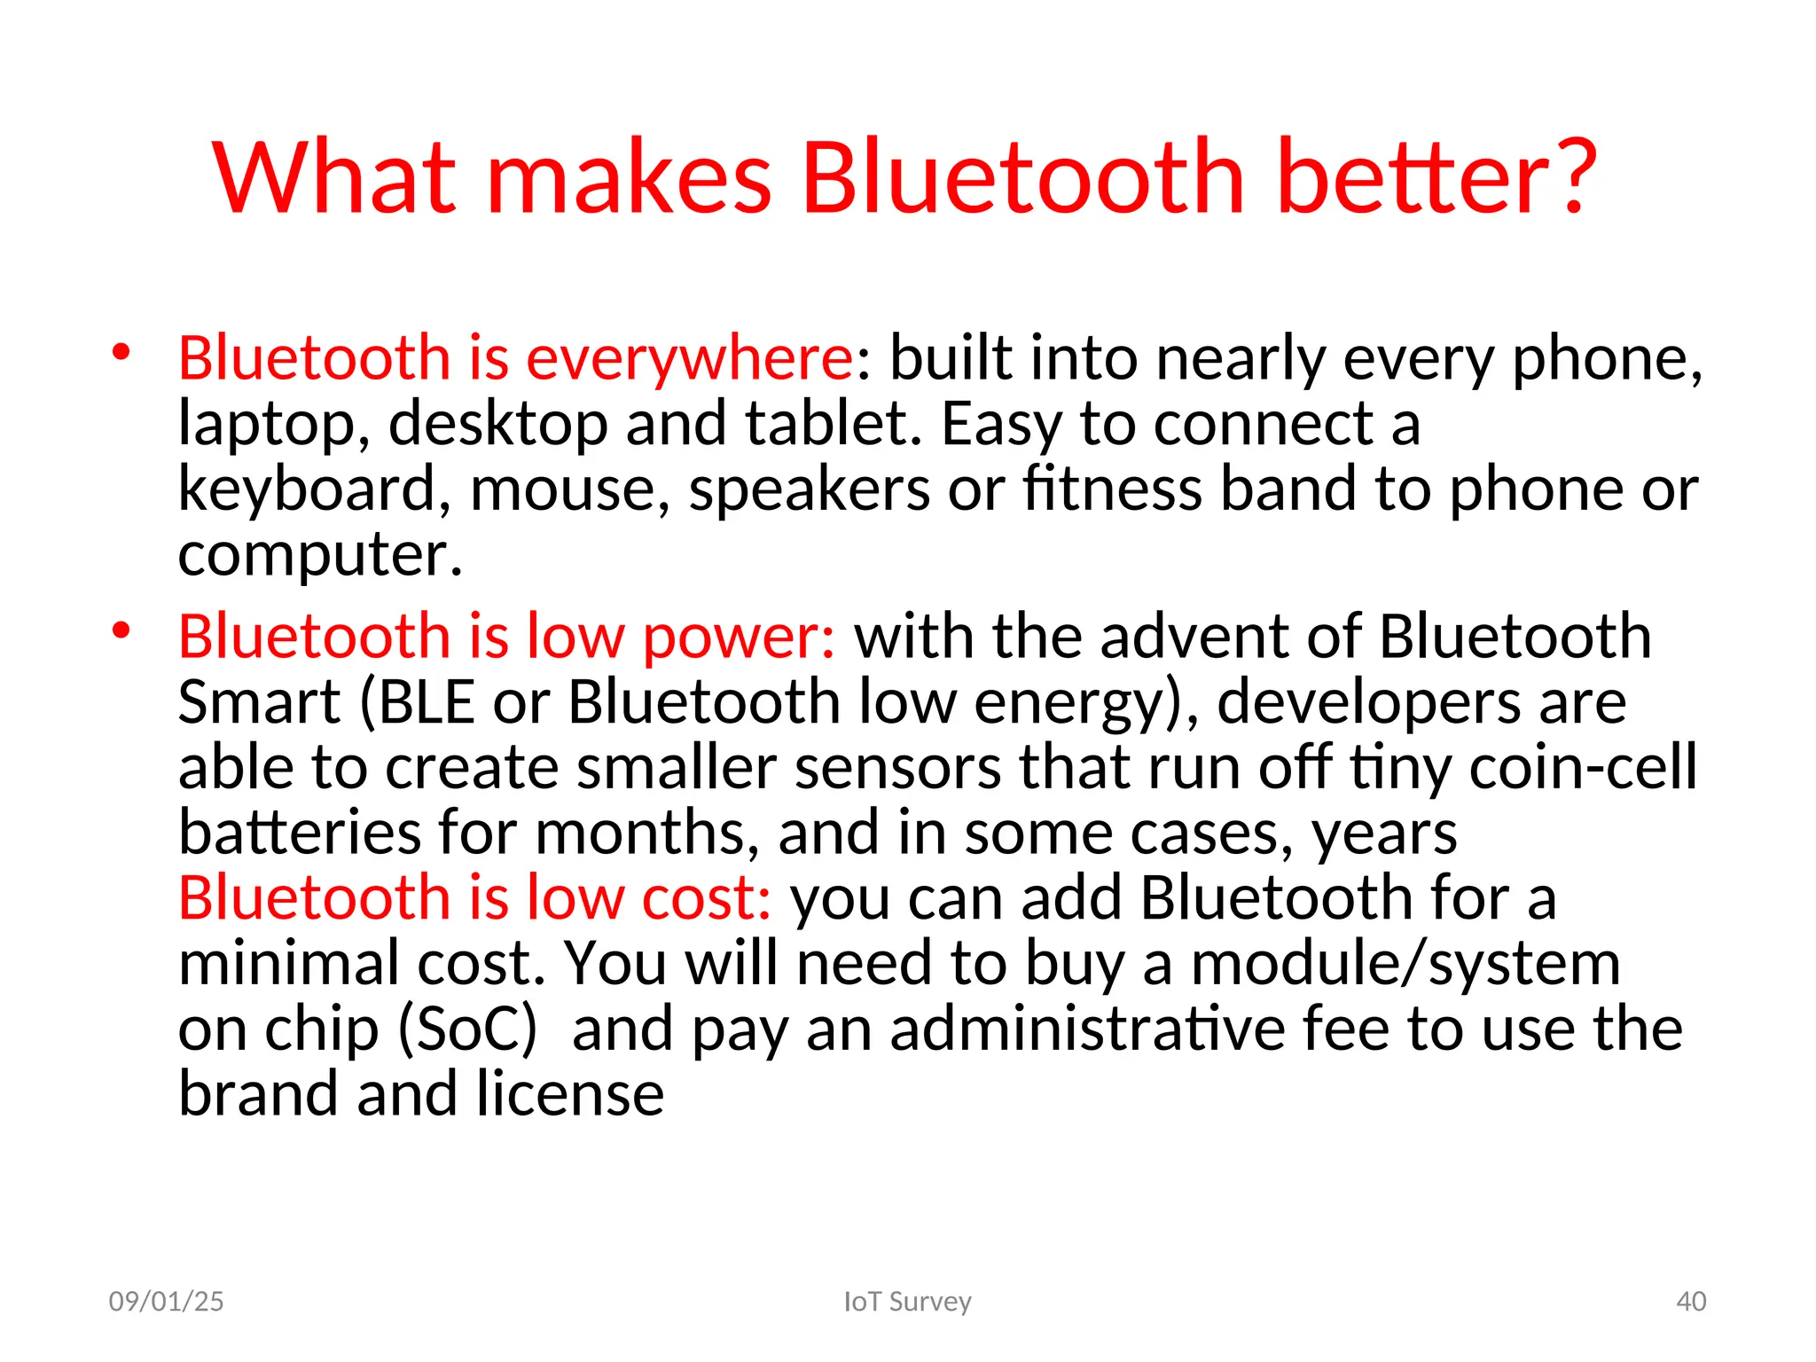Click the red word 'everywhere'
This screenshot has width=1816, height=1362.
[x=689, y=359]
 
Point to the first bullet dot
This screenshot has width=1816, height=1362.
[x=121, y=353]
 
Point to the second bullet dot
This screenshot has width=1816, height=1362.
[x=121, y=631]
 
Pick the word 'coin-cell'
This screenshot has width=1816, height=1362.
[x=1583, y=767]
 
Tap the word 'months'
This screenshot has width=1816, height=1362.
[x=647, y=834]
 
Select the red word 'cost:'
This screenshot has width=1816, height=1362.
[x=706, y=898]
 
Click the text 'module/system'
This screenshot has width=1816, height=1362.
[x=1405, y=965]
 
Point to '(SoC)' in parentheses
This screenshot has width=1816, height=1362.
[x=468, y=1029]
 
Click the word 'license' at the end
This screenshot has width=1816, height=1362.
[x=569, y=1094]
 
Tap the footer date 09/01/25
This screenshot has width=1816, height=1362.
[x=166, y=1302]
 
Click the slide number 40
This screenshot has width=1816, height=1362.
[x=1691, y=1302]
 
